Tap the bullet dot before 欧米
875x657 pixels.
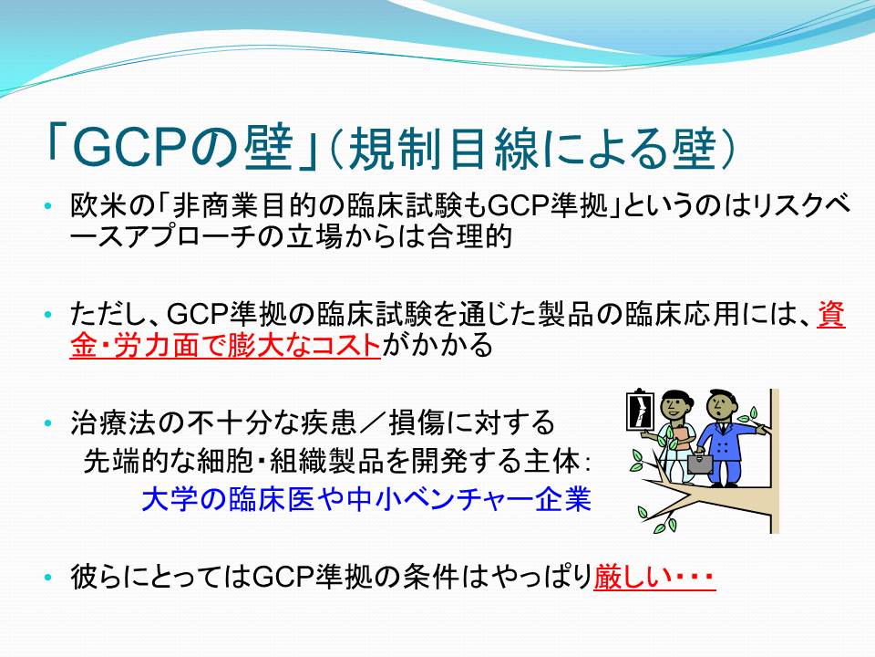(x=48, y=206)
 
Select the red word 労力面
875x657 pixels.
(x=156, y=345)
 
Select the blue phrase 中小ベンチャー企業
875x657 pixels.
(x=468, y=499)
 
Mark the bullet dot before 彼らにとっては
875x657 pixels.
(x=48, y=577)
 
